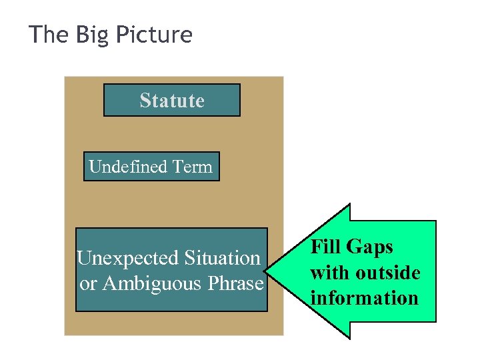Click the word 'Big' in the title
(x=91, y=35)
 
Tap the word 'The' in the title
(x=49, y=35)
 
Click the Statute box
(x=172, y=100)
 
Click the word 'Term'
(x=193, y=167)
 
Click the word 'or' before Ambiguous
(x=88, y=285)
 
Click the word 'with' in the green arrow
(x=329, y=273)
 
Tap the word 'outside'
(x=388, y=273)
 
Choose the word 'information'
(x=365, y=298)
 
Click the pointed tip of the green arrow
(x=266, y=272)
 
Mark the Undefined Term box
(x=151, y=167)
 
